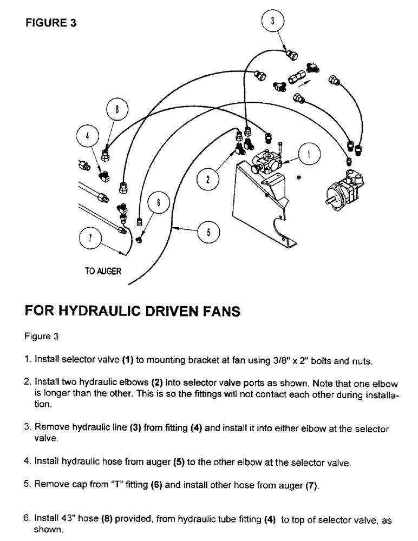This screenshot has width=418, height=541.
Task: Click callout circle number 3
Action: (x=273, y=22)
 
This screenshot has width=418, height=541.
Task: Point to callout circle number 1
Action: (x=308, y=154)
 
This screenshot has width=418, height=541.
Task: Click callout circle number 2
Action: (x=207, y=180)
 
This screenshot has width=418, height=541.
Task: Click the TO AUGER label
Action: (x=102, y=272)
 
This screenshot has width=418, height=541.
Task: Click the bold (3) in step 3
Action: (x=135, y=428)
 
